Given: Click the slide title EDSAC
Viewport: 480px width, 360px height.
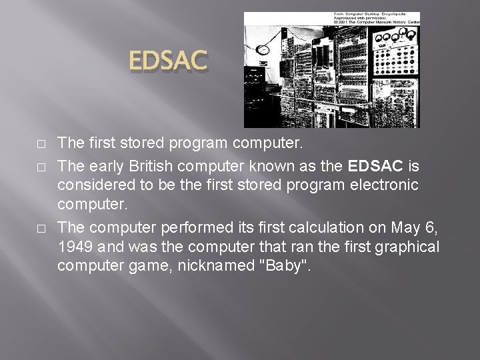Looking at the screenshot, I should pos(169,62).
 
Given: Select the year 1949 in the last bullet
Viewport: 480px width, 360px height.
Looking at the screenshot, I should pos(76,247).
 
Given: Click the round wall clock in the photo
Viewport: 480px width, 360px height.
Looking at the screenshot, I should pos(262,49).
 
